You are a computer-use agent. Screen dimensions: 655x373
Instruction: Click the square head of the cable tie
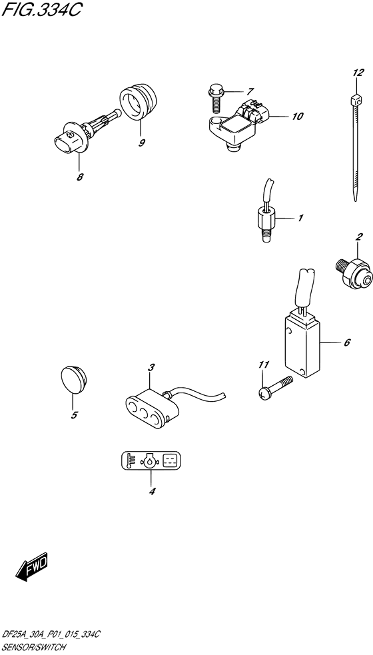click(355, 101)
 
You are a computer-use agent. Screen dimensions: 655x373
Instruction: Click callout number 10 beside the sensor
click(296, 116)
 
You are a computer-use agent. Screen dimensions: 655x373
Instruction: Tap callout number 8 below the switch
click(79, 177)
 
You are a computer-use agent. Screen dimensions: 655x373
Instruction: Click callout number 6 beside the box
click(347, 342)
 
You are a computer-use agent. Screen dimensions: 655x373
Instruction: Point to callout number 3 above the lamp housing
click(151, 367)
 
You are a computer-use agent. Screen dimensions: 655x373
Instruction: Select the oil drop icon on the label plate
click(151, 460)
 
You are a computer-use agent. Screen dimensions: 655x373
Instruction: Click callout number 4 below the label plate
click(152, 492)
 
